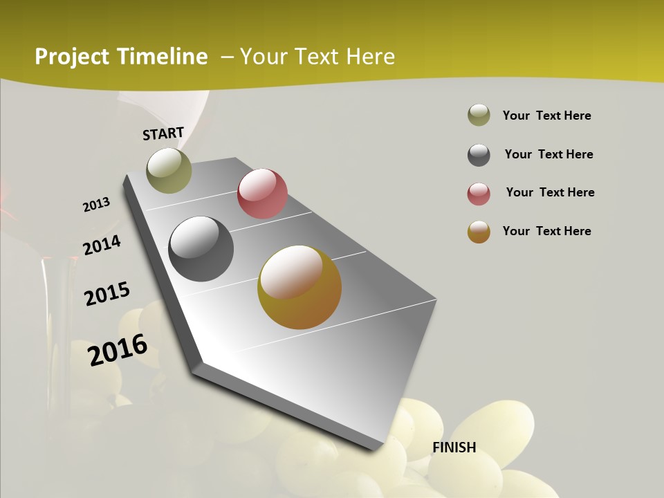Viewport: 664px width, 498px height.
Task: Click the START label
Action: tap(163, 133)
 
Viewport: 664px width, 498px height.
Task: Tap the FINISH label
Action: tap(454, 448)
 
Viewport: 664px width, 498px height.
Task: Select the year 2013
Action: tap(96, 205)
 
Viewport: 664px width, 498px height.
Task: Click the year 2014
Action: tap(102, 246)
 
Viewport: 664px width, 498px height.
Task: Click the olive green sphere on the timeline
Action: tap(169, 170)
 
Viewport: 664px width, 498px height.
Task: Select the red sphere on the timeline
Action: tap(262, 194)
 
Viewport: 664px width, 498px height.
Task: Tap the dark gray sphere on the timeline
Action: tap(201, 249)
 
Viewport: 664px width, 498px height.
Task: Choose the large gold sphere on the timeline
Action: tap(299, 287)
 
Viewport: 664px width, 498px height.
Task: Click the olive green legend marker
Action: tap(479, 116)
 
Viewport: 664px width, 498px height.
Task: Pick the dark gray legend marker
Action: tap(479, 155)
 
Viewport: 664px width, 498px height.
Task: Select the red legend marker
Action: tap(479, 194)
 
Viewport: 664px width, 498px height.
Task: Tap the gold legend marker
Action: tap(479, 232)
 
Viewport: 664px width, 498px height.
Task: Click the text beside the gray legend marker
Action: tap(548, 154)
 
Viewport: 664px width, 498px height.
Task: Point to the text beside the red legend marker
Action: tap(550, 192)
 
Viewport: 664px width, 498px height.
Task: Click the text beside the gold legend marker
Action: tap(546, 231)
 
